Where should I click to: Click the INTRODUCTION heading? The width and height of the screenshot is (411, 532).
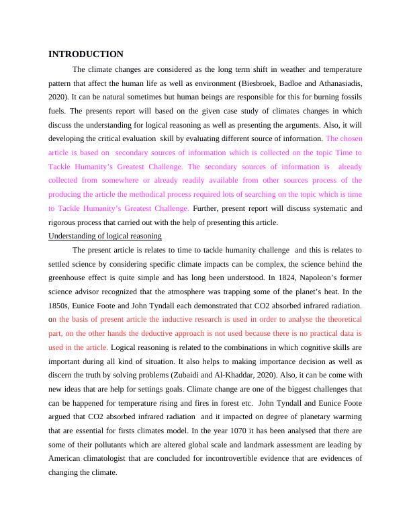click(86, 54)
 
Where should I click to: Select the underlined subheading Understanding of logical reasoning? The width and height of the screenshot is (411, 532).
click(105, 236)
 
